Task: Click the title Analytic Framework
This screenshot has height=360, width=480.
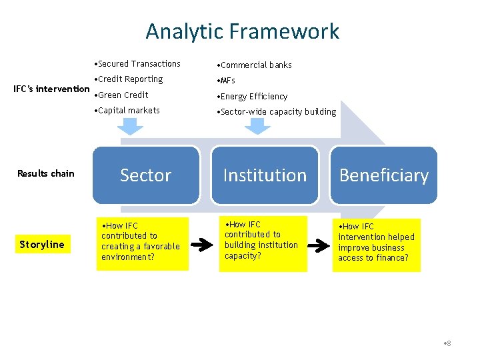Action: [242, 31]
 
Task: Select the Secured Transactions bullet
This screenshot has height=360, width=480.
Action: [139, 64]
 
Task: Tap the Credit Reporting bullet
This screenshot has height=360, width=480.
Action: [130, 79]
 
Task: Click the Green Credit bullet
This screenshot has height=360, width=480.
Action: [123, 95]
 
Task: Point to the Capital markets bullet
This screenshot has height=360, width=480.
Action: [128, 111]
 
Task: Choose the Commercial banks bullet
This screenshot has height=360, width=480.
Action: [255, 65]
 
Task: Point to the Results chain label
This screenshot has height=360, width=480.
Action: [46, 174]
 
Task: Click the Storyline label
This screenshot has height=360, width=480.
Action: [42, 245]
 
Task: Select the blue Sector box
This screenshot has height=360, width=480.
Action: [146, 175]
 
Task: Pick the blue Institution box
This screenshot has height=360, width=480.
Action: [265, 175]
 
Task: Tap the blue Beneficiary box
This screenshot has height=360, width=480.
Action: [384, 175]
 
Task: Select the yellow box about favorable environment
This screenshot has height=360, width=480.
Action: [141, 243]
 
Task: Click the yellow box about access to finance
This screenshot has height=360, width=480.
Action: [377, 245]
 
